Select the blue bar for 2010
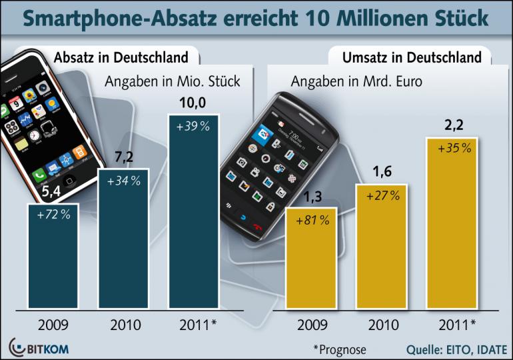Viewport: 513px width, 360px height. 123,247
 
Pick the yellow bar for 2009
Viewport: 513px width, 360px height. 311,267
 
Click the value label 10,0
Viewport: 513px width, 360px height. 193,104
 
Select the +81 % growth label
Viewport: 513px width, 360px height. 311,220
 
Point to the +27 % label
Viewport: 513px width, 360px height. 381,196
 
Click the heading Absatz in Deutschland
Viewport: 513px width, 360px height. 120,57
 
